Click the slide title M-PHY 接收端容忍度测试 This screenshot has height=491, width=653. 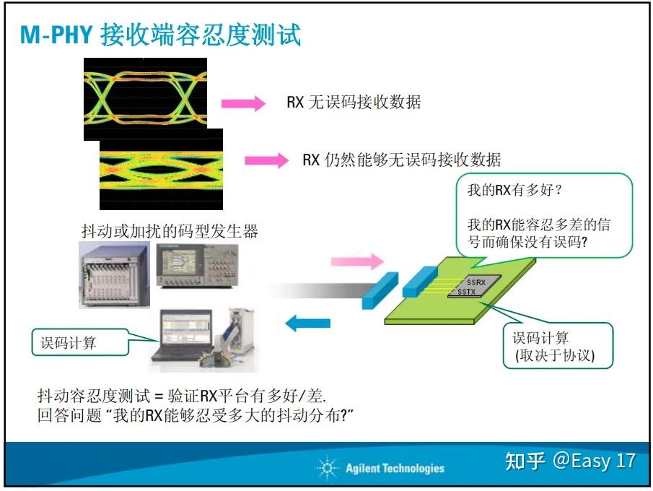point(160,35)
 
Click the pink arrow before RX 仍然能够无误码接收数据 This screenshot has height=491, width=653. point(266,160)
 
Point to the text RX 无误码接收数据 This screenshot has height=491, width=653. point(354,103)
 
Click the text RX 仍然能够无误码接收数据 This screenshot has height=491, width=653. point(401,160)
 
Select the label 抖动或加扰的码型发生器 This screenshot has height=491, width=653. point(170,231)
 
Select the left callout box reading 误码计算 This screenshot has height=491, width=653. point(79,342)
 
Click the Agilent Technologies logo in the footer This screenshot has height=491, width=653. point(381,468)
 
